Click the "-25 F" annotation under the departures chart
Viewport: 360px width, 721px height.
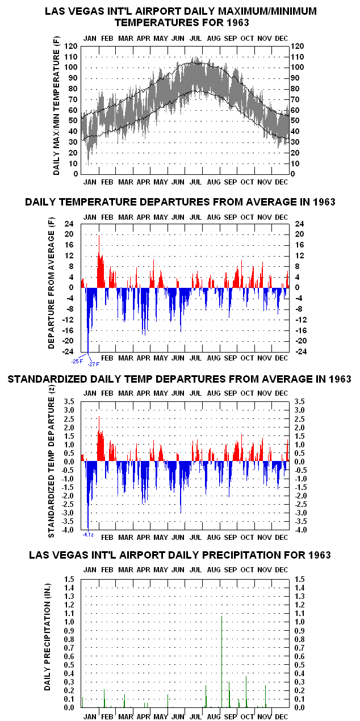(x=77, y=362)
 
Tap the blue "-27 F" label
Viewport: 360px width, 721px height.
(x=94, y=364)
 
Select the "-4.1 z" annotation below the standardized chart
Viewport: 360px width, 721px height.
(x=88, y=535)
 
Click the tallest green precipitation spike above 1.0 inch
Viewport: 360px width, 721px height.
(x=222, y=662)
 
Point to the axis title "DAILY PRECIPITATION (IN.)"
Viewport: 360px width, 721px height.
(x=48, y=637)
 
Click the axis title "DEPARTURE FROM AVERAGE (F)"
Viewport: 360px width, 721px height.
(x=52, y=283)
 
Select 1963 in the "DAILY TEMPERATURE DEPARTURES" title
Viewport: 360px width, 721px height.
(x=324, y=202)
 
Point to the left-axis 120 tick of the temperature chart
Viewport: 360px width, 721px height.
(x=71, y=46)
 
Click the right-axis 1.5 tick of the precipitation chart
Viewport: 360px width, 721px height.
(x=300, y=580)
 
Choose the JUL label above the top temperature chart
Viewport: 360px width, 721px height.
(x=195, y=38)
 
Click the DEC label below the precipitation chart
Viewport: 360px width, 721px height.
(x=282, y=716)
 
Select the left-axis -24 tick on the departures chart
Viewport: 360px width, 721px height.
(x=69, y=351)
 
